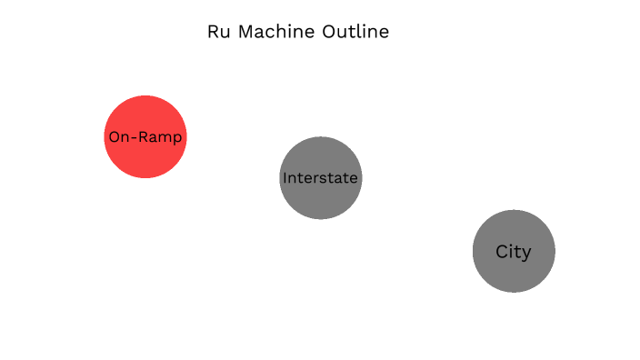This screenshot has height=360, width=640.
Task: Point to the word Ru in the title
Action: pyautogui.click(x=218, y=32)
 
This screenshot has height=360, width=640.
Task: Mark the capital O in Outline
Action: pyautogui.click(x=328, y=32)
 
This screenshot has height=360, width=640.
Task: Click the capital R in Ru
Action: pyautogui.click(x=214, y=32)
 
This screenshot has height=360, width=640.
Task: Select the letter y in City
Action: pyautogui.click(x=526, y=254)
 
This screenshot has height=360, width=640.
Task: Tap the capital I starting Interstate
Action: pyautogui.click(x=285, y=177)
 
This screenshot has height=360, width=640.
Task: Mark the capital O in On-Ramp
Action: pyautogui.click(x=114, y=137)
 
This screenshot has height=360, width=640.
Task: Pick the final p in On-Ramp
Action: pyautogui.click(x=178, y=139)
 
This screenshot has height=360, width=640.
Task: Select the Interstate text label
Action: pyautogui.click(x=320, y=177)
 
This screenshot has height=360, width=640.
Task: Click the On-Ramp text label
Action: pyautogui.click(x=145, y=137)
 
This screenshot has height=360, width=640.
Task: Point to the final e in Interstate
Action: pyautogui.click(x=354, y=178)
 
